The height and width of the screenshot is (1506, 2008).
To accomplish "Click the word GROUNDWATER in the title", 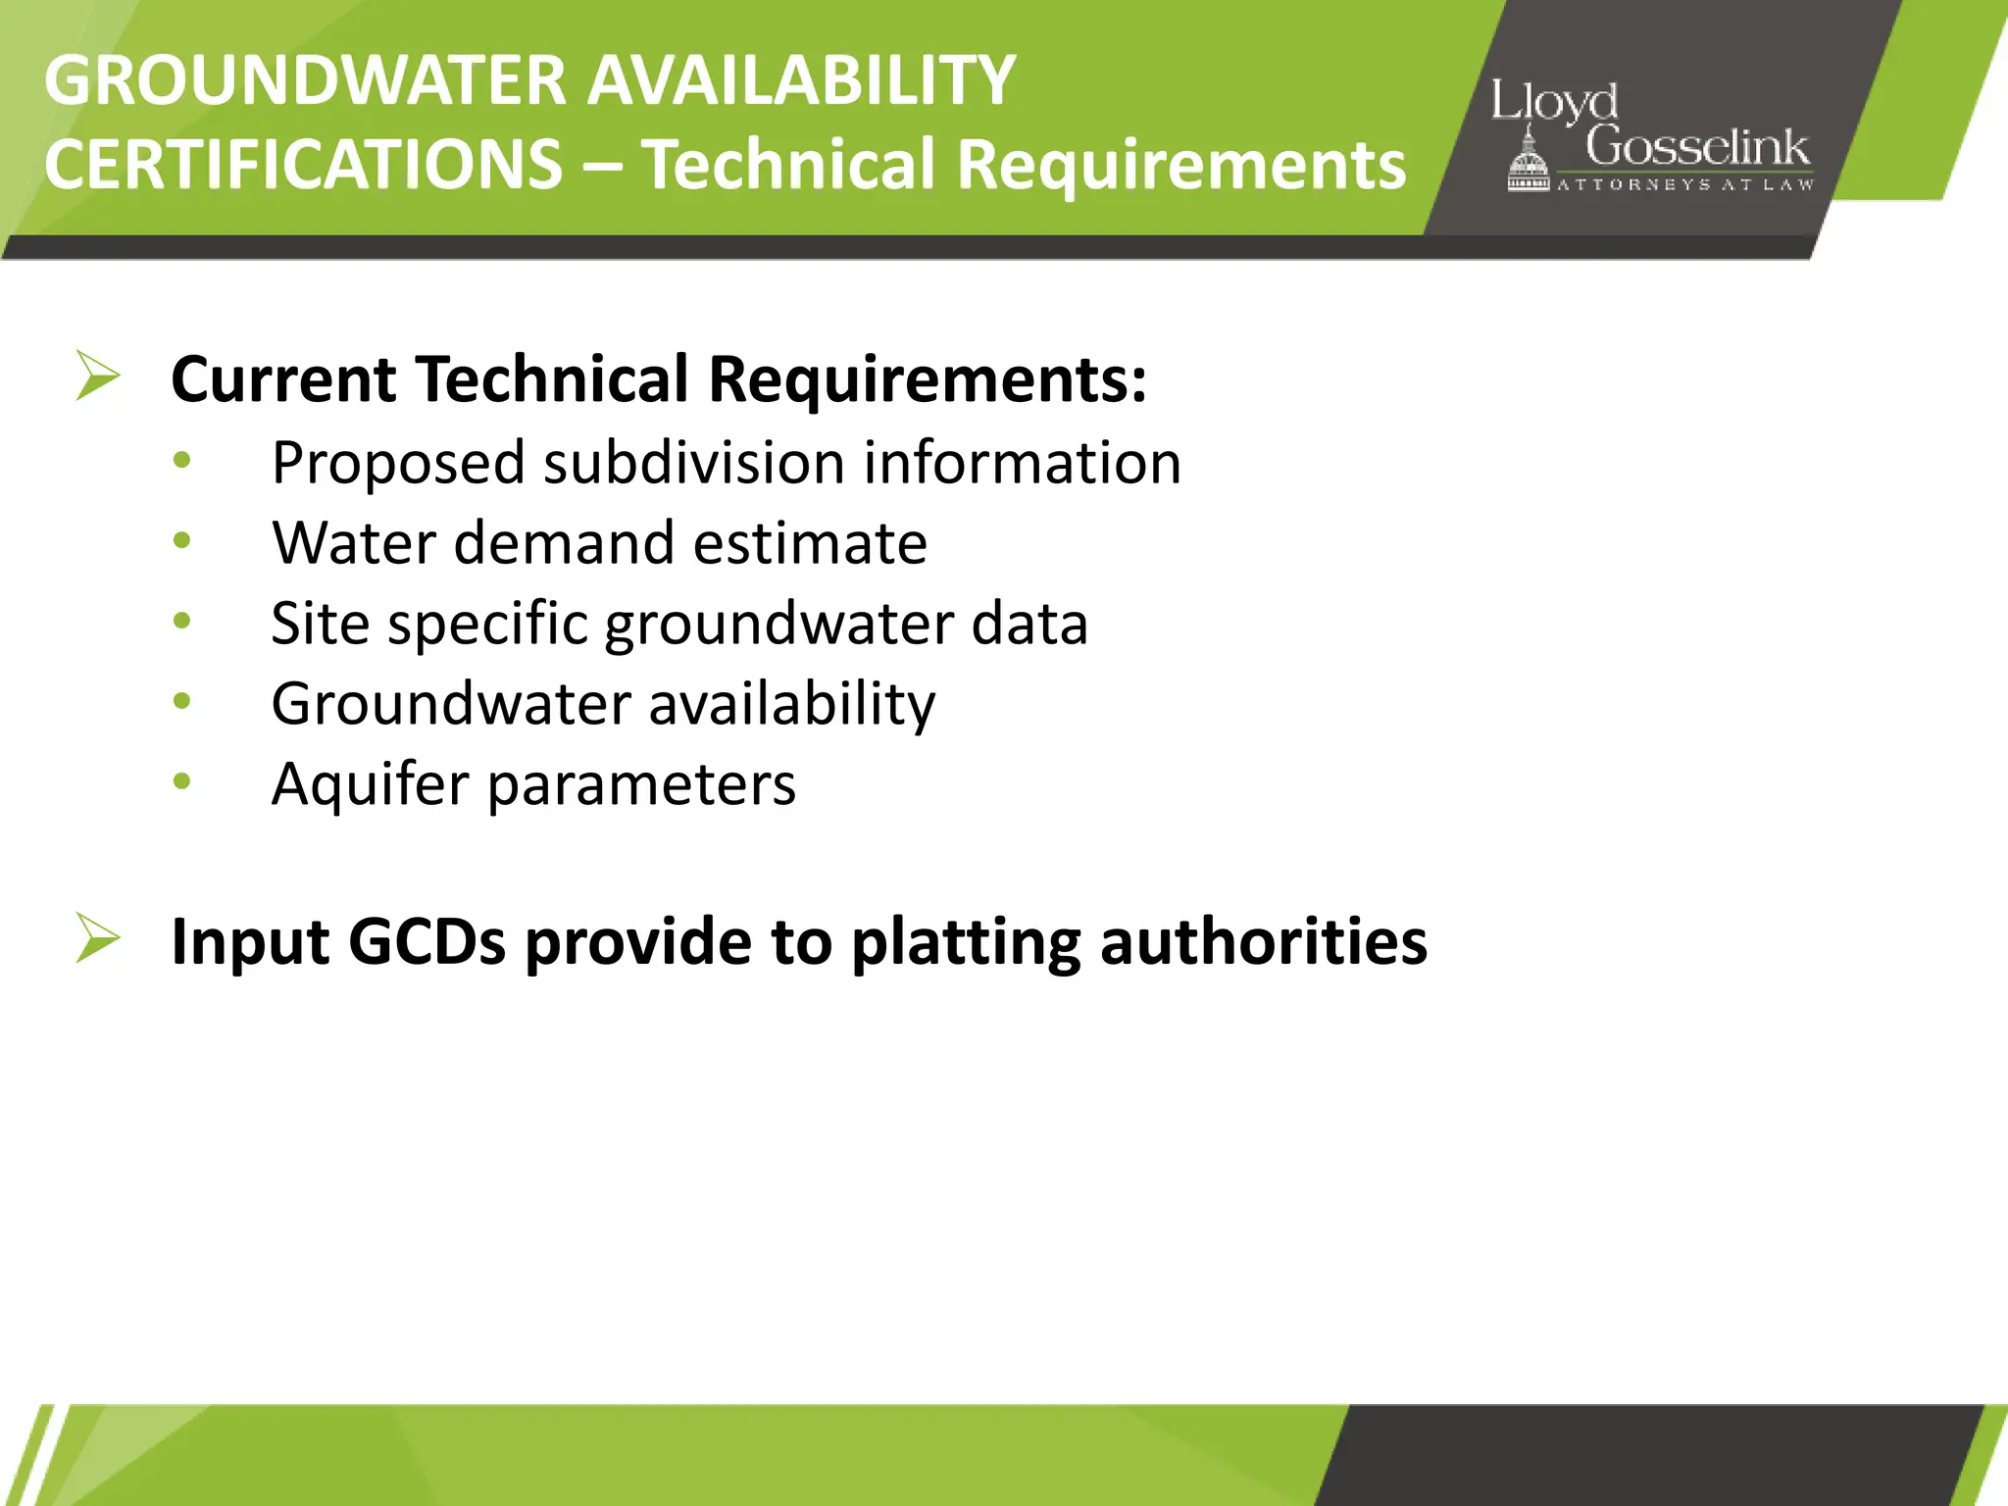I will [305, 80].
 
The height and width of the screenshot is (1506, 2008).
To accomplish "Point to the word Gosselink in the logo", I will [1697, 147].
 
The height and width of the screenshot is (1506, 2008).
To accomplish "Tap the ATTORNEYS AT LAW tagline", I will [1684, 184].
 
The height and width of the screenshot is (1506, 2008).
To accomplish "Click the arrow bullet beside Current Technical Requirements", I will [98, 376].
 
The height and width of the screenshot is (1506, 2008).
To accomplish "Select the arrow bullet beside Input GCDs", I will [98, 938].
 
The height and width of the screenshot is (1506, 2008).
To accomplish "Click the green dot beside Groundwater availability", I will [181, 700].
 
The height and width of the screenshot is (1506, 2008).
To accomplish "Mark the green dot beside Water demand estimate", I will [181, 540].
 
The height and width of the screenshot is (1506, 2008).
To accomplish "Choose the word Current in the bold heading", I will [283, 378].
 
